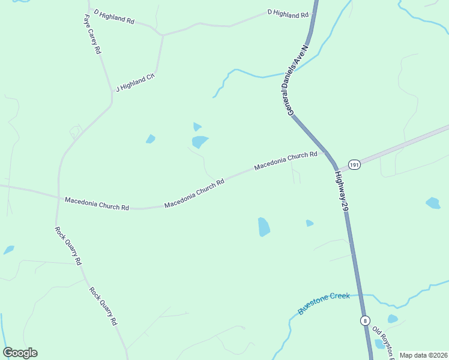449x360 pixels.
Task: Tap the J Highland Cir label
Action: (135, 83)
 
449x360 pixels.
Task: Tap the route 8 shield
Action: (365, 320)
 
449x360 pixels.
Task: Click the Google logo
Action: (20, 353)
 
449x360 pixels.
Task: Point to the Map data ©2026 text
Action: (423, 355)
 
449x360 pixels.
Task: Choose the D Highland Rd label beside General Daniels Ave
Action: (288, 13)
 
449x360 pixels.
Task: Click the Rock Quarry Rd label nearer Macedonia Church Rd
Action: (68, 245)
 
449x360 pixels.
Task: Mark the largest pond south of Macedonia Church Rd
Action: (264, 227)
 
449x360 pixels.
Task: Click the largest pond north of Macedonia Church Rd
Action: (199, 142)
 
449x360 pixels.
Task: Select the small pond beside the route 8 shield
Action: (392, 319)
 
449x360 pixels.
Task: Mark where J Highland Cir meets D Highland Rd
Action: (163, 35)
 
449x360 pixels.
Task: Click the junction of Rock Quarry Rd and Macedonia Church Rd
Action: (58, 196)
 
